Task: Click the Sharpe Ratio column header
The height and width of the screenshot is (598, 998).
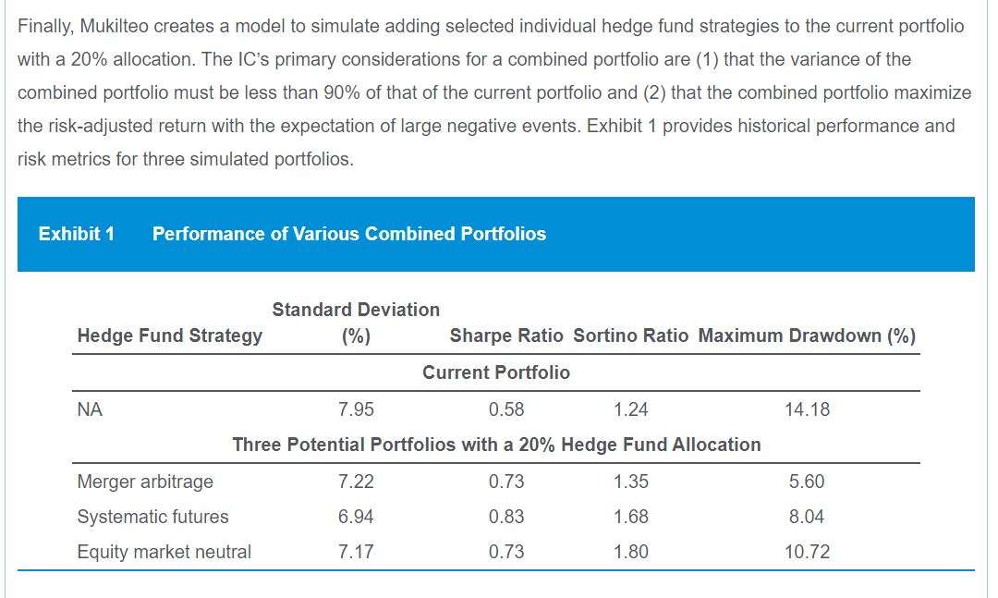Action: pyautogui.click(x=506, y=336)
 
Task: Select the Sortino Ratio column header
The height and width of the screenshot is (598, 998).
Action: pyautogui.click(x=631, y=336)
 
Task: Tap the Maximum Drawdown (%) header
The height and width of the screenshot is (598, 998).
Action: pyautogui.click(x=807, y=336)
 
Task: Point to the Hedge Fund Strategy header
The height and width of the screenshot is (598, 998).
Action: pyautogui.click(x=169, y=336)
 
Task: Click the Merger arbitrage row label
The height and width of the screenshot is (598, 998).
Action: pyautogui.click(x=145, y=482)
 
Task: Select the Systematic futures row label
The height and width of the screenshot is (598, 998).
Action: pyautogui.click(x=152, y=517)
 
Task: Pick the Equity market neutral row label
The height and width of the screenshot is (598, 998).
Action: pyautogui.click(x=164, y=552)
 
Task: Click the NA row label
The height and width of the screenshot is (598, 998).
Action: pyautogui.click(x=90, y=409)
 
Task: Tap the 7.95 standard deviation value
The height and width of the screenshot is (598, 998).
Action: pyautogui.click(x=356, y=409)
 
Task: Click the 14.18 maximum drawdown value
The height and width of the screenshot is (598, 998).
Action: pyautogui.click(x=807, y=409)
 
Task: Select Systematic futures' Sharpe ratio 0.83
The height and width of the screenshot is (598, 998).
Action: pyautogui.click(x=506, y=517)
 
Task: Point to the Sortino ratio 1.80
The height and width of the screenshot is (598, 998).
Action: pyautogui.click(x=631, y=552)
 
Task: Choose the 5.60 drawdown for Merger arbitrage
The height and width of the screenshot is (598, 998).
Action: pyautogui.click(x=807, y=482)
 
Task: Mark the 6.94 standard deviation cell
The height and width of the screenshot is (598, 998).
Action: pyautogui.click(x=356, y=517)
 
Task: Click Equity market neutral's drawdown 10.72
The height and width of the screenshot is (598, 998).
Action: pyautogui.click(x=807, y=552)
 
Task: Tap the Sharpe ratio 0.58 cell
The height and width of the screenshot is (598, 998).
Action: pyautogui.click(x=506, y=409)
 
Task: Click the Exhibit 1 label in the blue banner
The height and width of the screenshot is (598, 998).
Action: pyautogui.click(x=77, y=234)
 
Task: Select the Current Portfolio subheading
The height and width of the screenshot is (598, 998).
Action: pyautogui.click(x=496, y=372)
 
